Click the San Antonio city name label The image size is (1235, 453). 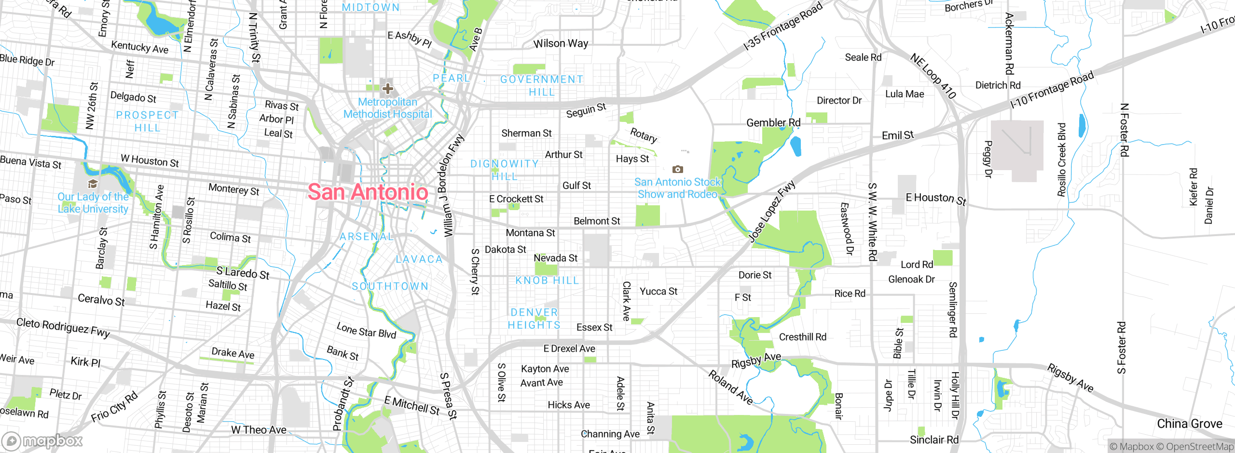click(368, 192)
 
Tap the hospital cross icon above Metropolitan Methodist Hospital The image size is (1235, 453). click(387, 89)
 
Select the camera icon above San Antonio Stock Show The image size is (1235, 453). click(678, 169)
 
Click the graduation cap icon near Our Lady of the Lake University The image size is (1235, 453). click(93, 184)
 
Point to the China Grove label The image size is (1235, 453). click(1189, 424)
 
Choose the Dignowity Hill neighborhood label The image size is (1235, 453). click(505, 170)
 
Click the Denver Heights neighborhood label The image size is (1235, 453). click(534, 319)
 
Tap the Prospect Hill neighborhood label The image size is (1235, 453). click(147, 121)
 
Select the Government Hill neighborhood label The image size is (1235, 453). click(541, 85)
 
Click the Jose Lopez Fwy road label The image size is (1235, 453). click(771, 211)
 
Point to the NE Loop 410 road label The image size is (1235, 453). click(933, 76)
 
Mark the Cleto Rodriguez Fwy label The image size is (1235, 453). click(63, 328)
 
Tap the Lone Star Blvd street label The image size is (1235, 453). click(366, 330)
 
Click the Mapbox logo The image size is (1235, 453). click(42, 441)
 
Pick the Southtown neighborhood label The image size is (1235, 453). click(390, 286)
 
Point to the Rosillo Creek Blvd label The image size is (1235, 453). click(1061, 160)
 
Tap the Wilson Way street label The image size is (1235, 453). click(561, 43)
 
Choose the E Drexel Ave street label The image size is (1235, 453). click(569, 348)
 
